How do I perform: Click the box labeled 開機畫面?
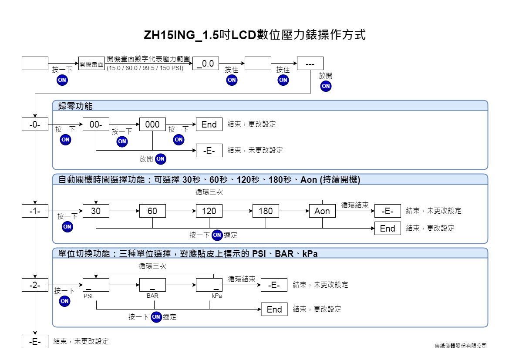[x=91, y=64]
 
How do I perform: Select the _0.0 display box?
[x=206, y=63]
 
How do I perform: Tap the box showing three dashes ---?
[x=310, y=63]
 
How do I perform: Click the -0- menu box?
[x=35, y=124]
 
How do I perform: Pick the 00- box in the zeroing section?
[x=96, y=124]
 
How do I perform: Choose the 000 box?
[x=152, y=124]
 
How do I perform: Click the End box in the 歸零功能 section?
[x=209, y=124]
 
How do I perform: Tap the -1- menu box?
[x=35, y=211]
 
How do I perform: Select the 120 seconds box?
[x=209, y=211]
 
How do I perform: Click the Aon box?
[x=322, y=211]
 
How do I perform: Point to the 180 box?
[x=266, y=211]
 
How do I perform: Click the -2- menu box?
[x=35, y=285]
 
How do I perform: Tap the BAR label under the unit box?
[x=152, y=296]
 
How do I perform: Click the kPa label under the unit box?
[x=217, y=296]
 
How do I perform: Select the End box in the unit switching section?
[x=274, y=310]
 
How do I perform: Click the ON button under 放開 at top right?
[x=326, y=86]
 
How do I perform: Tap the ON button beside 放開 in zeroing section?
[x=160, y=159]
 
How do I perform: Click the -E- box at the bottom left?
[x=35, y=341]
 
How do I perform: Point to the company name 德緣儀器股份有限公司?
[x=461, y=346]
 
